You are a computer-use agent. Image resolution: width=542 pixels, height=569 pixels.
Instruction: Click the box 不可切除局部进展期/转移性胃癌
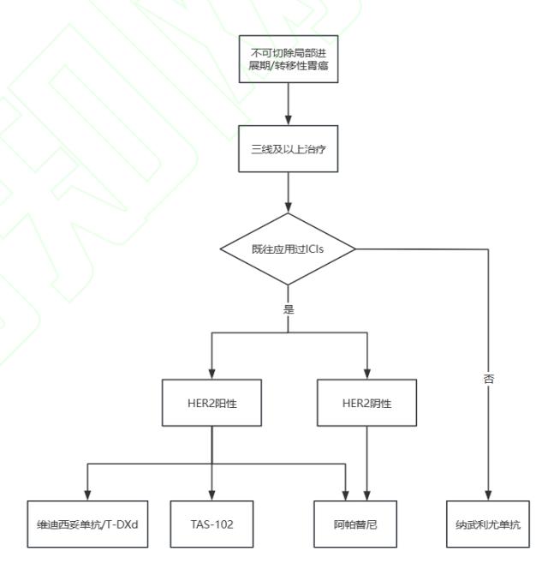(x=289, y=59)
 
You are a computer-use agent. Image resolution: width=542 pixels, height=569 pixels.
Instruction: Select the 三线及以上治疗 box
(x=289, y=149)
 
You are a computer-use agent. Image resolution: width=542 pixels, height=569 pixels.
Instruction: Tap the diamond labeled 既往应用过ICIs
(x=288, y=249)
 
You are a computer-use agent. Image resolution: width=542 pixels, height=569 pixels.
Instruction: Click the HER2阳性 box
(x=211, y=403)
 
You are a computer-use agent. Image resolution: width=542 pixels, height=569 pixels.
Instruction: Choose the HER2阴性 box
(x=366, y=403)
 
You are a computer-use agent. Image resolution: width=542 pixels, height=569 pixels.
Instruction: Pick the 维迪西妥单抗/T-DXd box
(x=87, y=524)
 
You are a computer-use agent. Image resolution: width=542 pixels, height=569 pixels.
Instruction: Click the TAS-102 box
(x=211, y=524)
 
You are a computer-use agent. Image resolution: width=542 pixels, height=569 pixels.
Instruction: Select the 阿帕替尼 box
(x=355, y=524)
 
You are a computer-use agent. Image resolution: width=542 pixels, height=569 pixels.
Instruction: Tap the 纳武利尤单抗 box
(x=488, y=524)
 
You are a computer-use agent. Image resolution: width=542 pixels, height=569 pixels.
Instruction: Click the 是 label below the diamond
(x=289, y=309)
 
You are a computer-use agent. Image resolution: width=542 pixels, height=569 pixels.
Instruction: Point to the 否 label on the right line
(x=488, y=379)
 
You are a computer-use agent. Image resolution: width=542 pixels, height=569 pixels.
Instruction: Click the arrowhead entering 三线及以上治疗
(x=289, y=121)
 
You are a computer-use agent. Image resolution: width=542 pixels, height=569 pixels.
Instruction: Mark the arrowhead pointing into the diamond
(x=289, y=207)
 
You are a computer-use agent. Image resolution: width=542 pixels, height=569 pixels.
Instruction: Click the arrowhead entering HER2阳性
(x=212, y=374)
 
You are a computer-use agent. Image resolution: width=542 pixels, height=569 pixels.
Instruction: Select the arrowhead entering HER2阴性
(x=366, y=374)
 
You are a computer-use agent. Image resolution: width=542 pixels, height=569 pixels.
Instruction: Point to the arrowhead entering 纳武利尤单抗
(x=488, y=495)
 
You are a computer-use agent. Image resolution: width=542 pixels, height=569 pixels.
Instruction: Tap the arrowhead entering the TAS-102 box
(x=212, y=495)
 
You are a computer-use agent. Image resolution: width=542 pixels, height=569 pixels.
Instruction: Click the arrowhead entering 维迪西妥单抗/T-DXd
(x=87, y=495)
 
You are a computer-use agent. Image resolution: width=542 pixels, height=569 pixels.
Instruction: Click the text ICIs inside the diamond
(x=315, y=249)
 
